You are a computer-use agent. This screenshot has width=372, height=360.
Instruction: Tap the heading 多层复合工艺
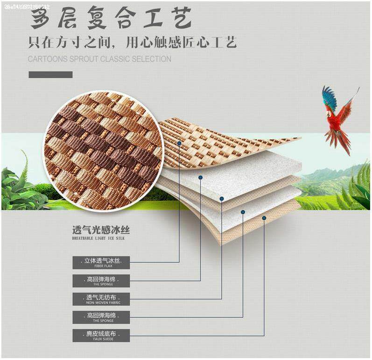click(111, 18)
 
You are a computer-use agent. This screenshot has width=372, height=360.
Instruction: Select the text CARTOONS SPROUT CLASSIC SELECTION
click(99, 59)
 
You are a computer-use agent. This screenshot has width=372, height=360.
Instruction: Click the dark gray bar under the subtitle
click(50, 75)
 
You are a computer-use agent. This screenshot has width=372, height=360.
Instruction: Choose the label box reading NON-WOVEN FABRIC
click(101, 299)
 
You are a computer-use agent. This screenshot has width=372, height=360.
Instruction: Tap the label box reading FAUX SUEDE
click(101, 335)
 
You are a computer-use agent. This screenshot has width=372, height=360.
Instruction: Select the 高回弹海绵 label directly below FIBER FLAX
click(101, 281)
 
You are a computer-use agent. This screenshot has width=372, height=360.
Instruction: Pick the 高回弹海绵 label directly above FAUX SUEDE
click(101, 317)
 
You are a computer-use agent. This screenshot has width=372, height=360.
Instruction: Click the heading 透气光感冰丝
click(100, 230)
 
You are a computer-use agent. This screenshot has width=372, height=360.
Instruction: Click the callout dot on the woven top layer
click(180, 143)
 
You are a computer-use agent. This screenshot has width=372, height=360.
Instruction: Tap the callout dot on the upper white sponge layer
click(201, 177)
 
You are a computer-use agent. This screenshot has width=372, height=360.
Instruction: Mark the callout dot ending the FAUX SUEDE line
click(264, 218)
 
